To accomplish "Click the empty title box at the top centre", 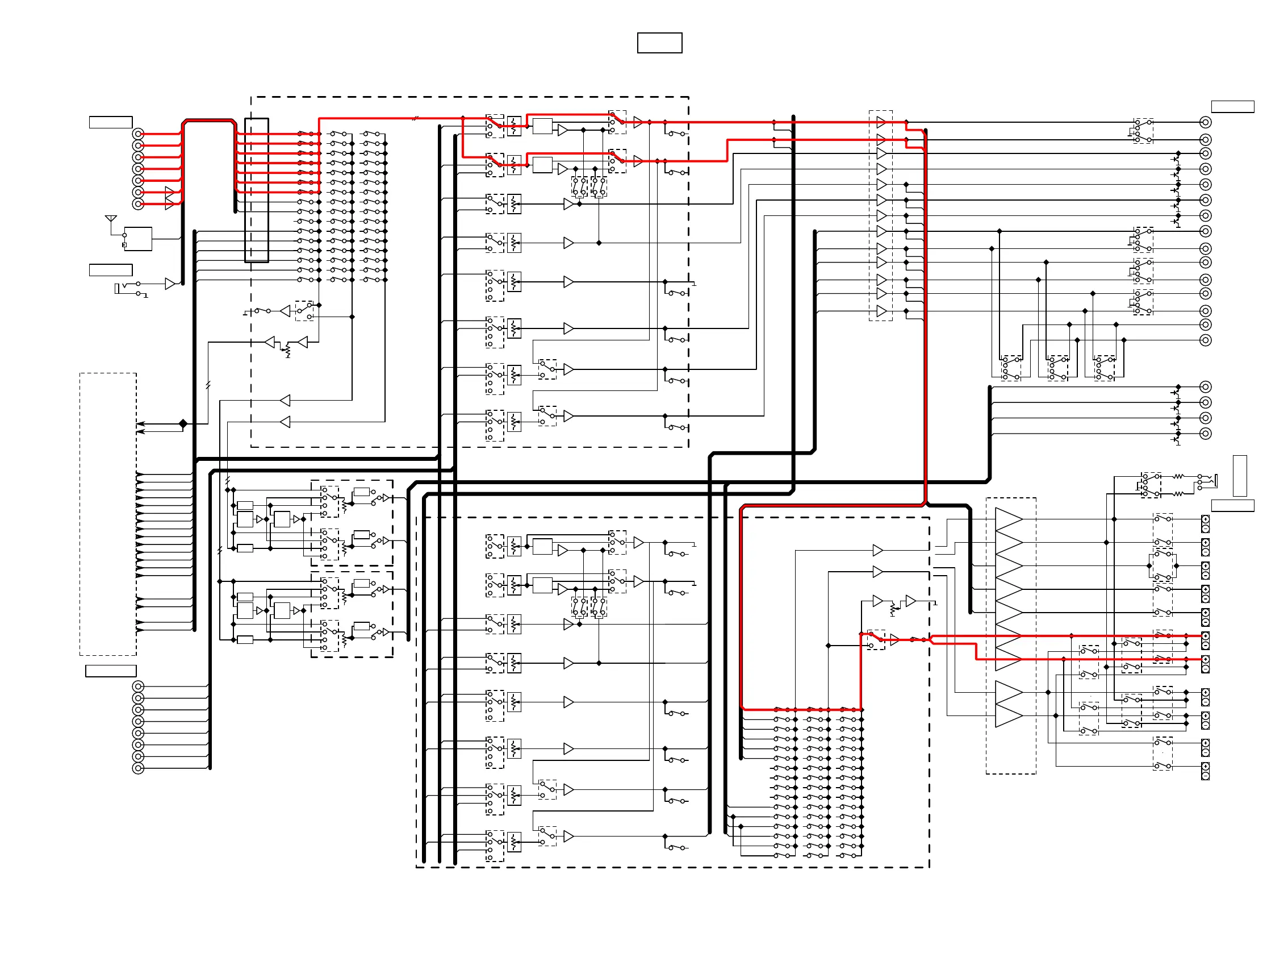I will click(x=659, y=43).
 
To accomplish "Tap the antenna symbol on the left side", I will click(x=111, y=219).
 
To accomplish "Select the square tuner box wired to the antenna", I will click(x=139, y=239).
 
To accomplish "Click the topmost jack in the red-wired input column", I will click(x=138, y=134).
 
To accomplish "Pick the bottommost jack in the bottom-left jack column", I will click(x=138, y=768).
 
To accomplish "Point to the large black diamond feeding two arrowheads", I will click(x=183, y=423).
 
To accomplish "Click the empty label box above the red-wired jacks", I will click(x=111, y=122).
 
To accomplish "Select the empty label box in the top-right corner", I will click(x=1232, y=107).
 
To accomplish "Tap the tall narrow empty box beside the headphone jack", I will click(x=1239, y=476).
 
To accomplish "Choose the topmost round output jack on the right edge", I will click(x=1205, y=122).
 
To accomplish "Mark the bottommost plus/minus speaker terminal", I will click(x=1205, y=771).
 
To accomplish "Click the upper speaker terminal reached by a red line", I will click(x=1205, y=640).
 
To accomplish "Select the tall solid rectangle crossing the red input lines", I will click(x=257, y=190).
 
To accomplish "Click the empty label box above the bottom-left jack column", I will click(x=111, y=671).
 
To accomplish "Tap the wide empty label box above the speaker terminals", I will click(x=1232, y=506).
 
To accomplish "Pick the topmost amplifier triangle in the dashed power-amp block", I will click(x=1009, y=519).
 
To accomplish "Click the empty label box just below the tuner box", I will click(x=111, y=270).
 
